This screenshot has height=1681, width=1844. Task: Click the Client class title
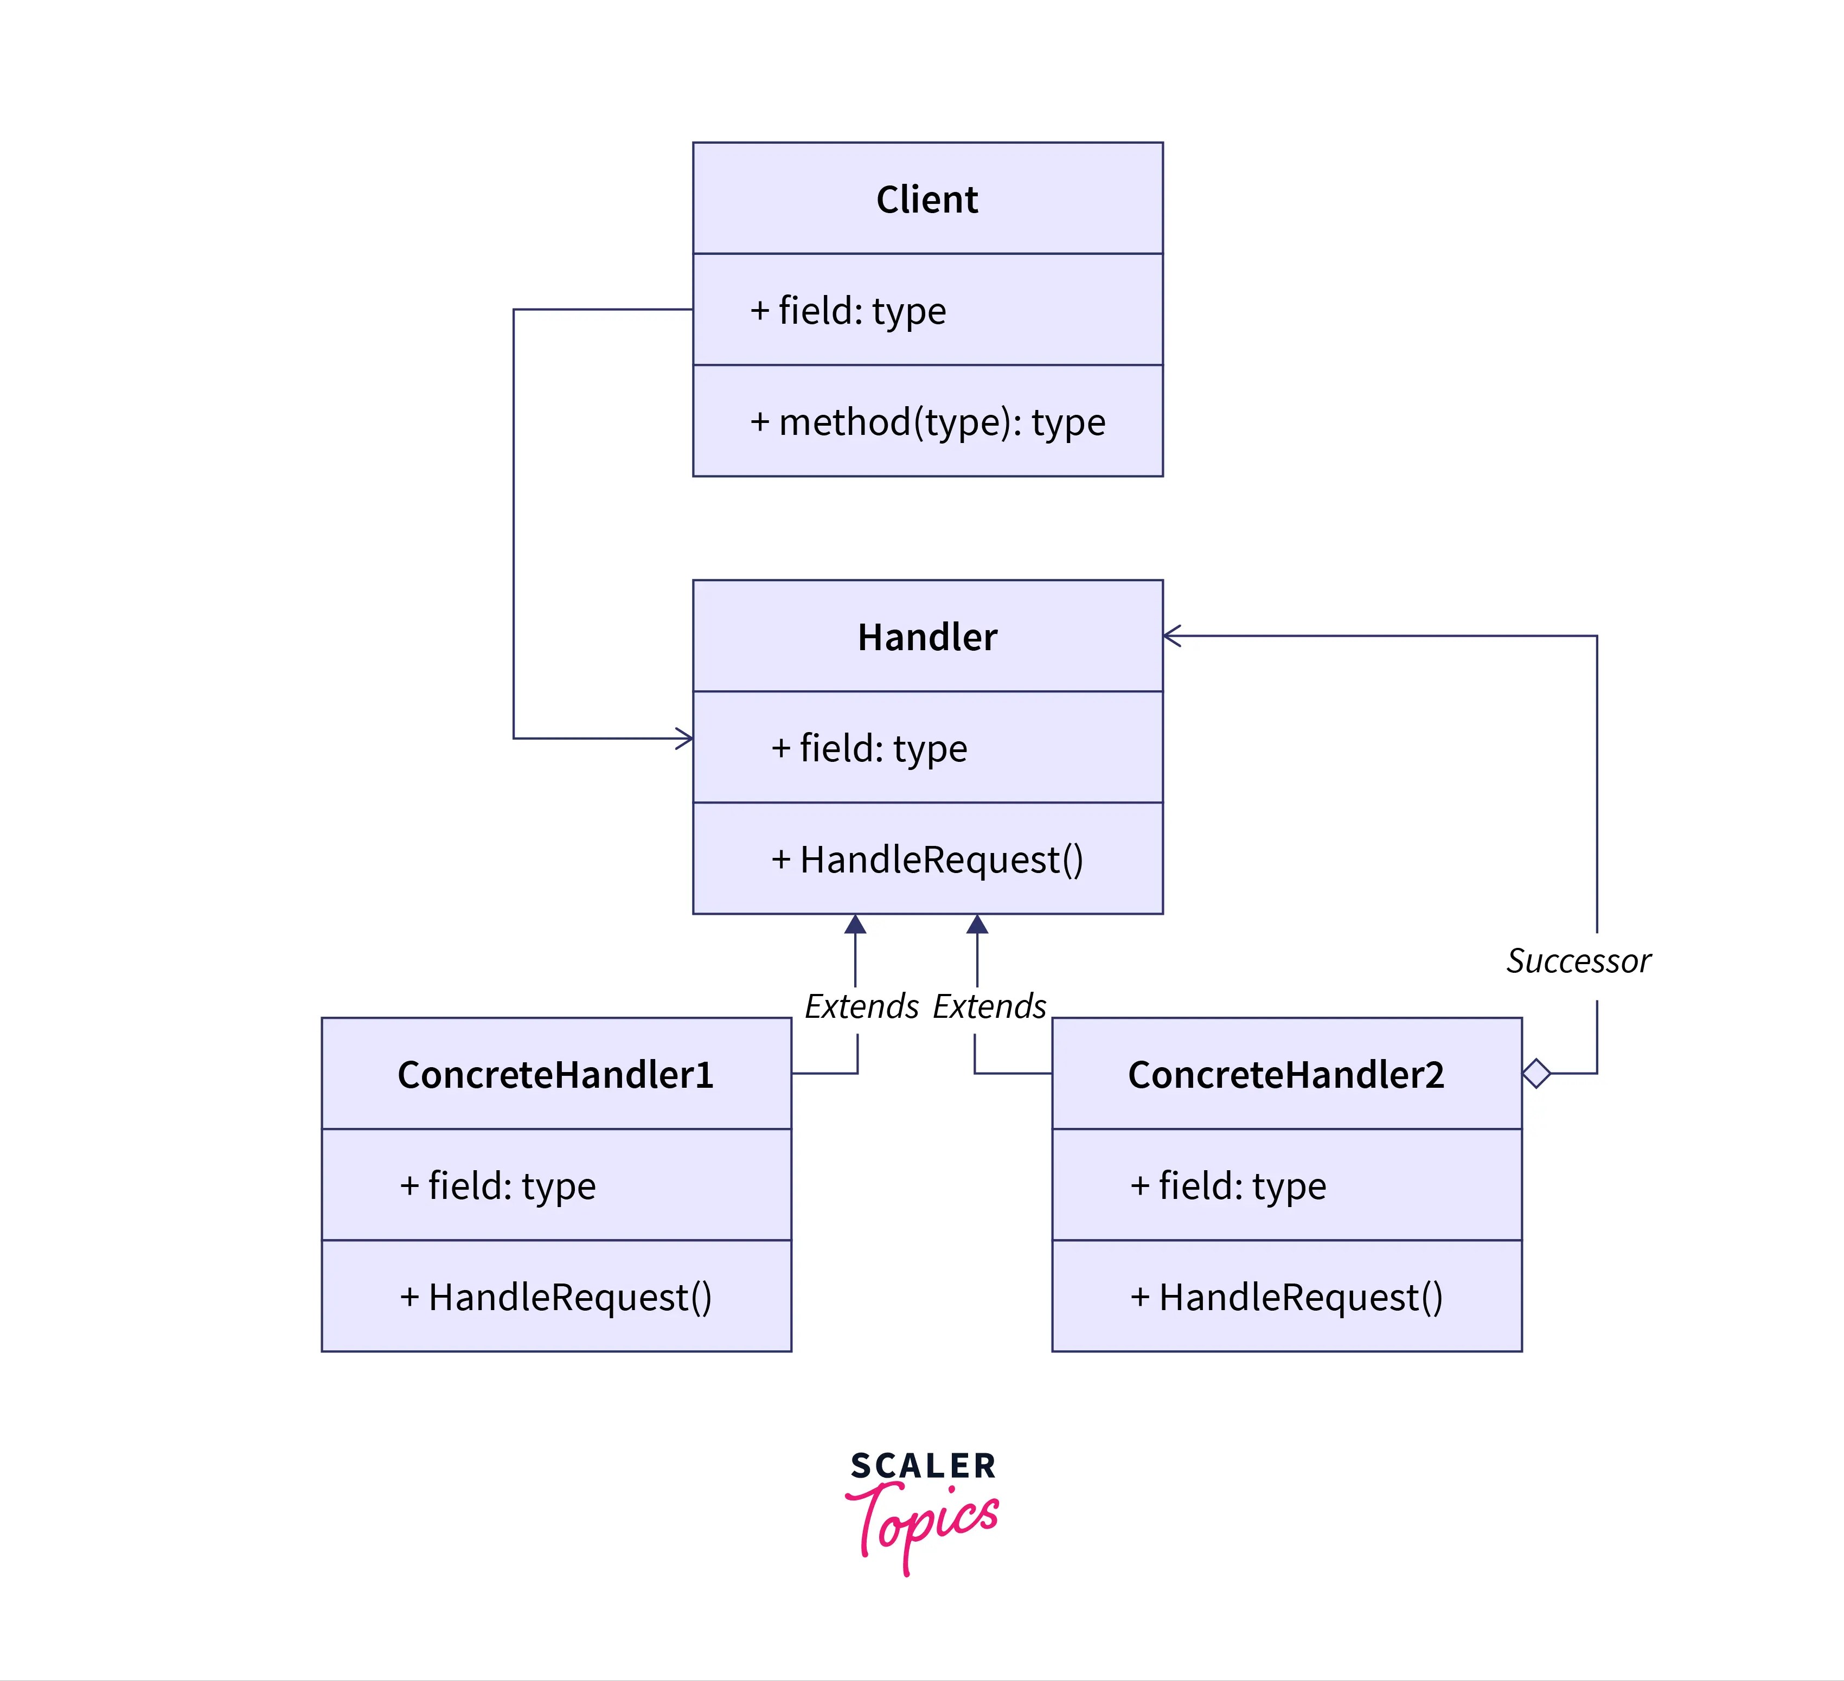(926, 200)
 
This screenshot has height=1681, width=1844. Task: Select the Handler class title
(926, 638)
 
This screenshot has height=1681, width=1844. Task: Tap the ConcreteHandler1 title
(555, 1075)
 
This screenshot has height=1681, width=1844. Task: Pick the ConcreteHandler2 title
(1285, 1075)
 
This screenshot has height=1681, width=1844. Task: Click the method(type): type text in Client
(927, 422)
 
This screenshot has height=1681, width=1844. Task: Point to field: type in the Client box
(848, 311)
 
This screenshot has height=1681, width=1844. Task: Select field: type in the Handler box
(869, 748)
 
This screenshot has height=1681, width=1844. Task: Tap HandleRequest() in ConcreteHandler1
(555, 1297)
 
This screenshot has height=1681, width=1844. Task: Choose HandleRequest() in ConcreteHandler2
(1286, 1297)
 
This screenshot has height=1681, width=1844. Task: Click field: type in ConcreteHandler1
(497, 1186)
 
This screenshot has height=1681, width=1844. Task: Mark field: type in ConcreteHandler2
(1227, 1186)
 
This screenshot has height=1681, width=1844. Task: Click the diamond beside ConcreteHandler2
(1536, 1074)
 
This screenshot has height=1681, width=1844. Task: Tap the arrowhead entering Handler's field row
(684, 738)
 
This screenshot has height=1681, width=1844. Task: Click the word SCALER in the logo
(922, 1466)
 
